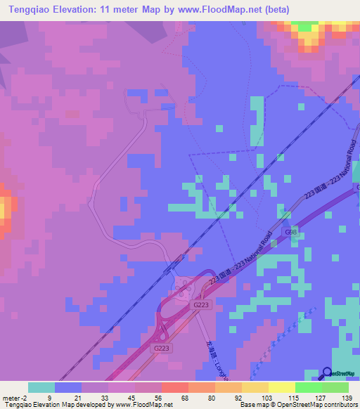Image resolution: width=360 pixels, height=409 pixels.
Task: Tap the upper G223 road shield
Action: (x=202, y=304)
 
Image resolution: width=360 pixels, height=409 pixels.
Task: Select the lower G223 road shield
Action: (x=161, y=348)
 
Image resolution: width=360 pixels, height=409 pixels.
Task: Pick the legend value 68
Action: (x=174, y=397)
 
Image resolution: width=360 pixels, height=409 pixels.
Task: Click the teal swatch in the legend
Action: (x=41, y=387)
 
